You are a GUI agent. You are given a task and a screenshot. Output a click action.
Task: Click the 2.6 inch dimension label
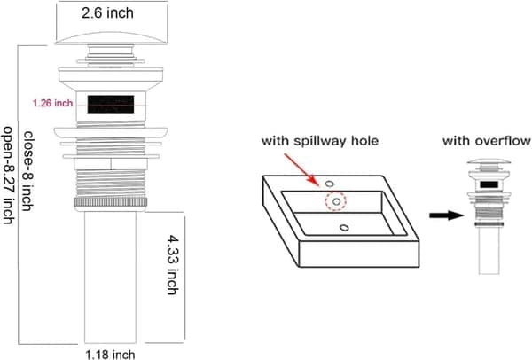[107, 13]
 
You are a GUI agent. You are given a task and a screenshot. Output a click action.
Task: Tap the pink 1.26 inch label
[52, 103]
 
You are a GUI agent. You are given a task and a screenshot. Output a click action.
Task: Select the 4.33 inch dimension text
[173, 265]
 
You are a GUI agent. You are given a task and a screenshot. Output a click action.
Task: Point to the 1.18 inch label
[110, 355]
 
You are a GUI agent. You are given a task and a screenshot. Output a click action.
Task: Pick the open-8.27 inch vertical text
[8, 175]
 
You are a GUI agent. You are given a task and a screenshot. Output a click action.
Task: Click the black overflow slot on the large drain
[111, 105]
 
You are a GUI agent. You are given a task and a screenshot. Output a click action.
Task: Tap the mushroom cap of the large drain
[111, 38]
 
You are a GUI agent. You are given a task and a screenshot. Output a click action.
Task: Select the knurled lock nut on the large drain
[111, 202]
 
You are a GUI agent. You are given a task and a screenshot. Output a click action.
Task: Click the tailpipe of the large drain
[110, 278]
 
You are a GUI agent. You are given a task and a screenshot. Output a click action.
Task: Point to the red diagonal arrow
[301, 169]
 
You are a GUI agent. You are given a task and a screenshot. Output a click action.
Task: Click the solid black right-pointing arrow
[447, 215]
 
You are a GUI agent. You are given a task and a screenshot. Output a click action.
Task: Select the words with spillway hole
[320, 140]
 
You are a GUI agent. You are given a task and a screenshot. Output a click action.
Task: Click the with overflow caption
[487, 140]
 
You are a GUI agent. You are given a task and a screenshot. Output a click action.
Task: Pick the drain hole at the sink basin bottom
[344, 228]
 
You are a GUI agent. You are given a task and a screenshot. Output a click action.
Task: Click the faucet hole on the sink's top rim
[329, 184]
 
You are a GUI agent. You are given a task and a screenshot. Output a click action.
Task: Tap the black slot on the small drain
[489, 184]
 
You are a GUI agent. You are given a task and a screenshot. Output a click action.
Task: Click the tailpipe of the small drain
[489, 250]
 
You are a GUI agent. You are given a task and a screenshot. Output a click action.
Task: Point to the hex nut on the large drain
[111, 164]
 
